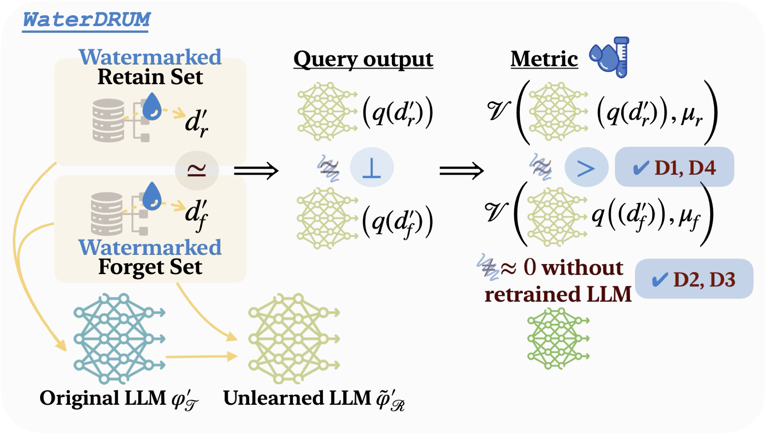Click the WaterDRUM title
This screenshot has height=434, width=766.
coord(86,20)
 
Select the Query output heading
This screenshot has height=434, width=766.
coord(363,59)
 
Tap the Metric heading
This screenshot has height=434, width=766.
coord(544,59)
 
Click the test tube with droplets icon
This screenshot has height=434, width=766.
coord(609,57)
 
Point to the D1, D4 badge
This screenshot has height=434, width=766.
coord(675,167)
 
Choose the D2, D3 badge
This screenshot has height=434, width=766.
coord(694,279)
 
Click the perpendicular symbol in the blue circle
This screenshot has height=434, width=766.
coord(371,168)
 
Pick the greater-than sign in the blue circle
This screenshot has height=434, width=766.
coord(586,168)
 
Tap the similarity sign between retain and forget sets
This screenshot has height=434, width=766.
coord(197,170)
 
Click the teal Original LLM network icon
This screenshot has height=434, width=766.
coord(119,339)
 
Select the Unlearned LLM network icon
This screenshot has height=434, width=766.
coord(294,339)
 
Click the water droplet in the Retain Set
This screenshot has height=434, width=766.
coord(152,106)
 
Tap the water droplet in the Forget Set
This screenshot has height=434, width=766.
coord(152,196)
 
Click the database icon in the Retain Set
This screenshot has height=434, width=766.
coord(108,120)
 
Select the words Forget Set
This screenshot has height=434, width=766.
coord(150,267)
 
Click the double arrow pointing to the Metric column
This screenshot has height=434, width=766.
coord(462,171)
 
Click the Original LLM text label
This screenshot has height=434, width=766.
coord(103,398)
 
